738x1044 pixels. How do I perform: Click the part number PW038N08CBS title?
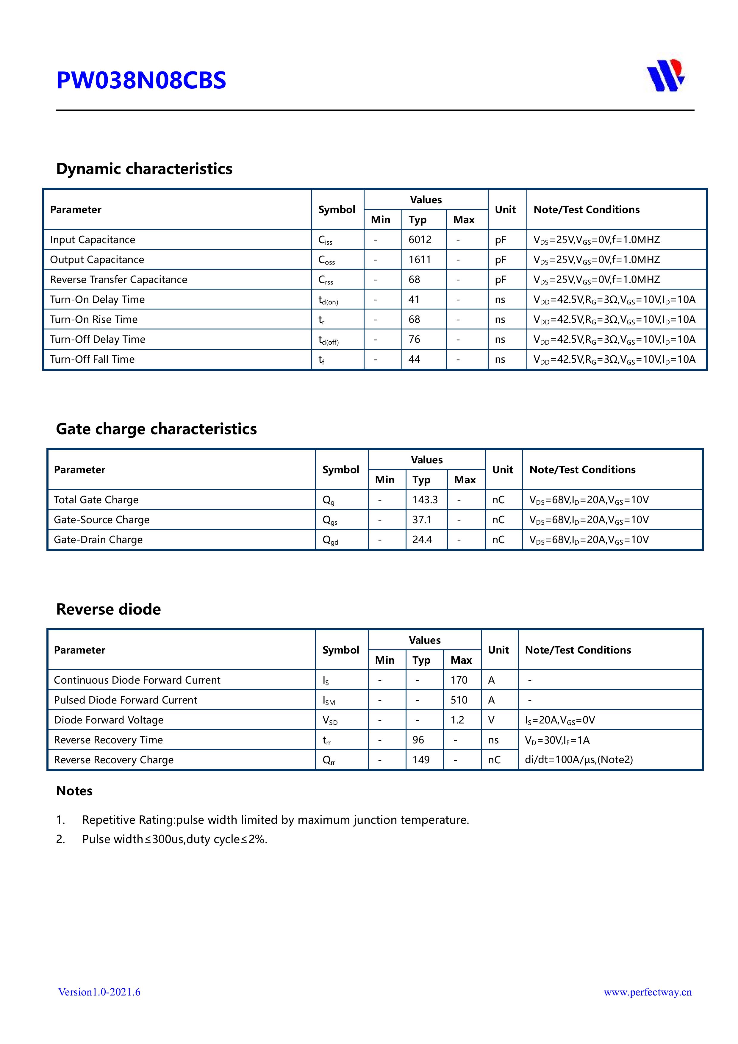tap(141, 80)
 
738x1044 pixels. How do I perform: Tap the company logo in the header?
tap(666, 76)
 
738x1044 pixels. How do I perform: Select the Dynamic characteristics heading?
tap(144, 169)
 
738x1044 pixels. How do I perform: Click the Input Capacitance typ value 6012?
tap(420, 240)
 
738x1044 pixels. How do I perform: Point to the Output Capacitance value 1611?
tap(419, 260)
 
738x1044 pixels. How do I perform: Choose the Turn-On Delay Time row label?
tap(97, 300)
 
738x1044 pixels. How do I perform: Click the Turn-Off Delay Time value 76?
tap(414, 339)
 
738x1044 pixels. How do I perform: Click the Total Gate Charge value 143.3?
tap(425, 500)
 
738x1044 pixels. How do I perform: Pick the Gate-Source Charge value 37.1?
tap(422, 520)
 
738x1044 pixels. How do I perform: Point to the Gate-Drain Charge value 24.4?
tap(422, 540)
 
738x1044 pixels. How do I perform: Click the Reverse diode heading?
tap(108, 609)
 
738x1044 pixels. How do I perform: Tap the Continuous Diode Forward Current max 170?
tap(459, 680)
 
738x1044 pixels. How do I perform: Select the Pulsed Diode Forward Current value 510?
tap(459, 700)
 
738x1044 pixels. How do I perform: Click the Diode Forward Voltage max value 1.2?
tap(457, 720)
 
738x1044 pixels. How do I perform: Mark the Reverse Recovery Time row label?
tap(108, 740)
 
